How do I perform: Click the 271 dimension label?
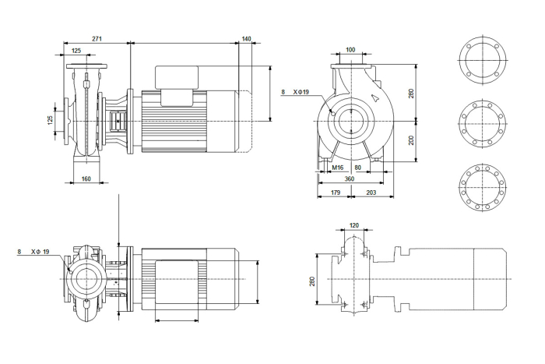pos(97,39)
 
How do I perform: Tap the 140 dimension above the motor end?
pos(246,39)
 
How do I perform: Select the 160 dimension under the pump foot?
pos(86,178)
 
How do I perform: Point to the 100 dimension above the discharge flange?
pos(350,50)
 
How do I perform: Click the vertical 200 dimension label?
pos(412,140)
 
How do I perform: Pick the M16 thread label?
pos(337,168)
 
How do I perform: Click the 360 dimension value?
pos(350,178)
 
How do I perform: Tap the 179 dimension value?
pos(336,193)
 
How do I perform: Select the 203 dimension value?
pos(371,193)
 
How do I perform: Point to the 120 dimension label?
pos(353,225)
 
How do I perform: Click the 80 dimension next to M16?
pos(357,168)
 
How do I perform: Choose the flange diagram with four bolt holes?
pos(483,60)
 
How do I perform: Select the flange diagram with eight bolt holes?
pos(483,123)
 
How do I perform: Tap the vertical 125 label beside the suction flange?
pos(50,120)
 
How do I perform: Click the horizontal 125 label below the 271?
pos(76,51)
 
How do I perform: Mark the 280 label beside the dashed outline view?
pos(311,281)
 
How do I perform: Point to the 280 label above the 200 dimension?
pos(412,94)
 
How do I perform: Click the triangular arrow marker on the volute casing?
pos(375,97)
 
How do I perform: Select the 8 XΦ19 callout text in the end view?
pos(295,92)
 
